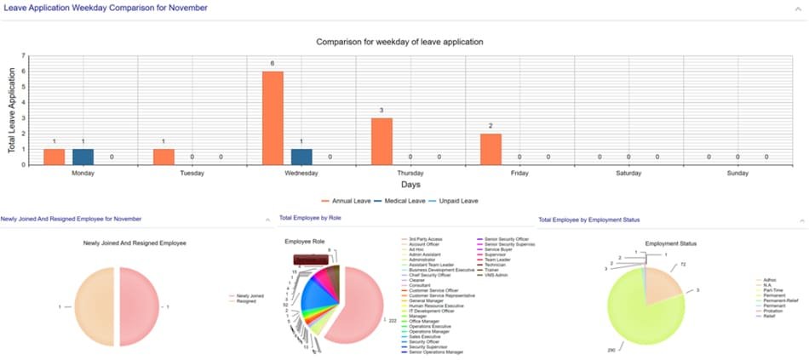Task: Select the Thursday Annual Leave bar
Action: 382,141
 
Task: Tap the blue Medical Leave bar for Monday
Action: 83,157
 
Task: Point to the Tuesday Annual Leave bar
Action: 164,157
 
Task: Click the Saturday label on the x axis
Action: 628,173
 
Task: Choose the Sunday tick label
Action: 737,173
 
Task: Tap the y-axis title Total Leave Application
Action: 13,111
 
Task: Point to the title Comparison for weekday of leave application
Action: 399,41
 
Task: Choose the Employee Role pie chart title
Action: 304,242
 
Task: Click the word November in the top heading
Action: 181,8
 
